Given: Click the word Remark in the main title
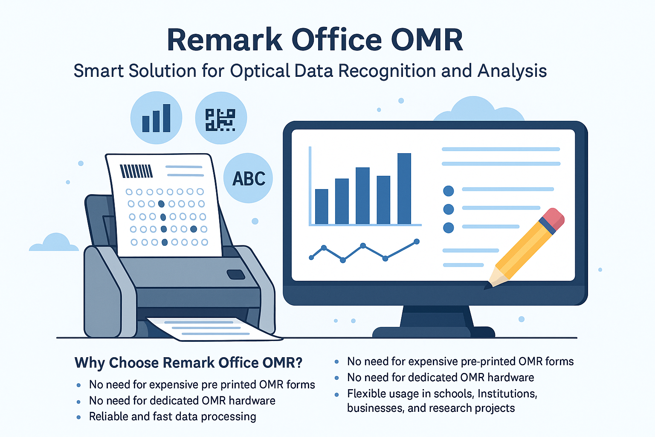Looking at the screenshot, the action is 225,40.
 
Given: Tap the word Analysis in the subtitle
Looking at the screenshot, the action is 512,71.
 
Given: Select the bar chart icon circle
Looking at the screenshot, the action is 156,118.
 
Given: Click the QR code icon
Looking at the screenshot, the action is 220,120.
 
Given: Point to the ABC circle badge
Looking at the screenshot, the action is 248,178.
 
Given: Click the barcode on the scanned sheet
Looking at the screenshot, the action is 136,171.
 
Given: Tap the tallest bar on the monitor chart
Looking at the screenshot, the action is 404,189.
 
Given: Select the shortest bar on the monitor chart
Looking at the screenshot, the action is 322,207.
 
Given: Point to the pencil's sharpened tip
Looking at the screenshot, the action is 486,287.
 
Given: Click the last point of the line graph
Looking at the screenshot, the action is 417,242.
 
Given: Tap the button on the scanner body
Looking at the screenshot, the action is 236,274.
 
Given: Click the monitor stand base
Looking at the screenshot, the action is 433,332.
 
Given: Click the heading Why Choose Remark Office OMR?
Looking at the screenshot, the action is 188,363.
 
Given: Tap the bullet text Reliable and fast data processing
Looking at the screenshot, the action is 173,417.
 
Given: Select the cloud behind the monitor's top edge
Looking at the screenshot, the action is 479,110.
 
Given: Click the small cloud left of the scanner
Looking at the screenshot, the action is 54,242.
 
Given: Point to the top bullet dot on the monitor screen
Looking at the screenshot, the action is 449,191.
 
